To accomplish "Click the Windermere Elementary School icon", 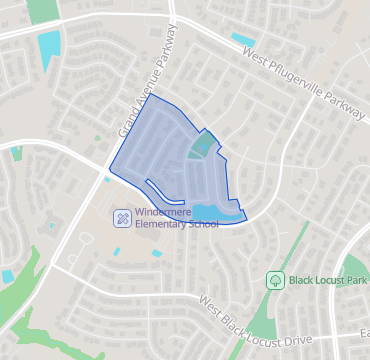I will pyautogui.click(x=121, y=217).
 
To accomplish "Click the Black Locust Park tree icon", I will pyautogui.click(x=274, y=280).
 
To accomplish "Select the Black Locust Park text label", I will pyautogui.click(x=326, y=280).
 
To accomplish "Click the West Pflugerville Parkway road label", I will pyautogui.click(x=303, y=84).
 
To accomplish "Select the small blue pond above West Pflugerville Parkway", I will pyautogui.click(x=242, y=39).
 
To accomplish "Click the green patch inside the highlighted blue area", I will pyautogui.click(x=199, y=148).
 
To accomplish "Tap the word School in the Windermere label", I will pyautogui.click(x=202, y=224).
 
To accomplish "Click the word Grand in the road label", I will pyautogui.click(x=129, y=124).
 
